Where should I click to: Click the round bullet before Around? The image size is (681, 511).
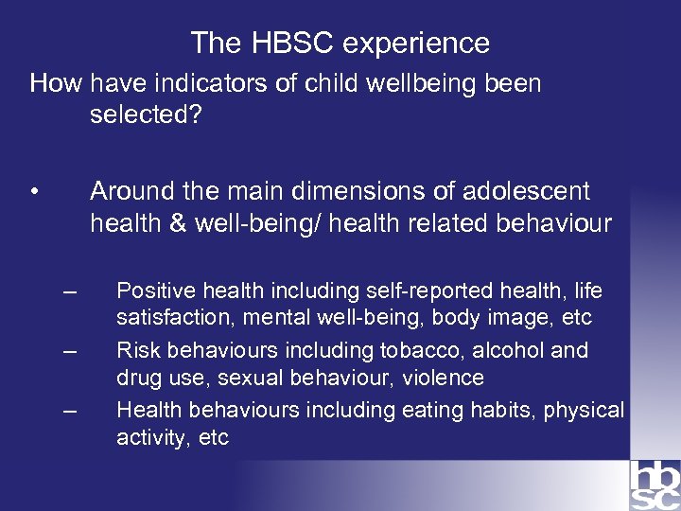[34, 193]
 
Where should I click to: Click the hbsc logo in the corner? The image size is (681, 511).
[654, 485]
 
